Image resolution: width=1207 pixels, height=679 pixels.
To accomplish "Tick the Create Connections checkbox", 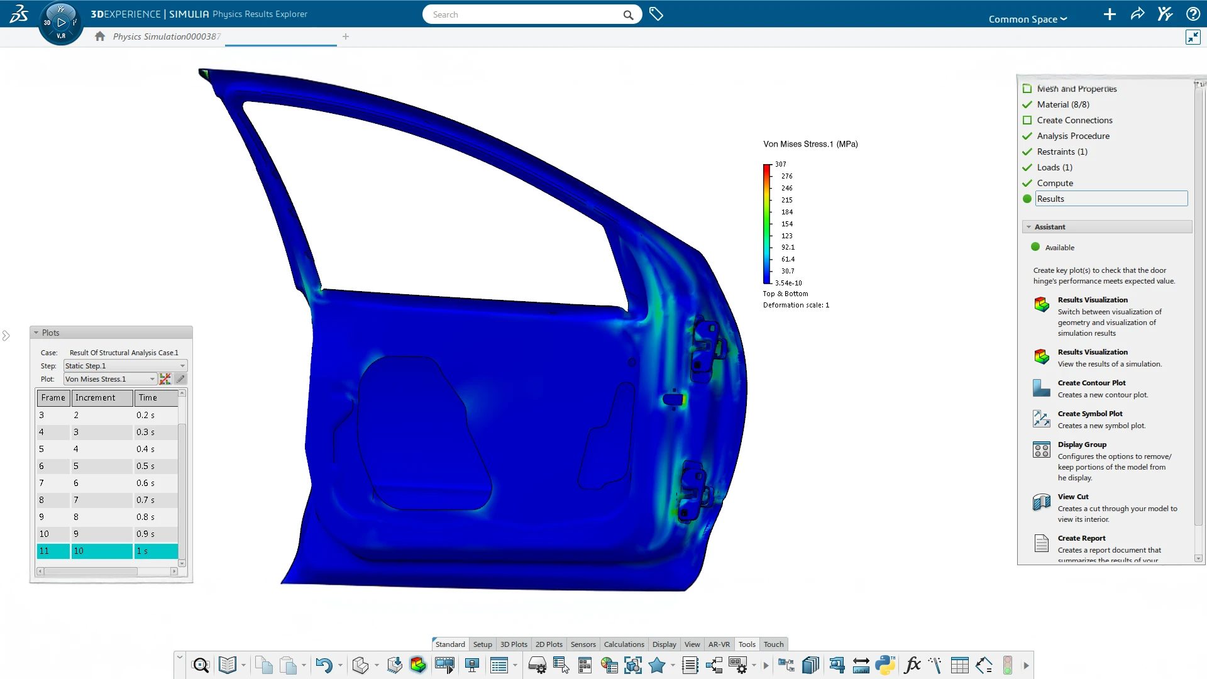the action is click(1027, 120).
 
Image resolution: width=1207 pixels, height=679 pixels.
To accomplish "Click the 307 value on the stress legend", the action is click(780, 164).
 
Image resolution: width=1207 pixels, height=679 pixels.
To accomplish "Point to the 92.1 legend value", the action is click(788, 247).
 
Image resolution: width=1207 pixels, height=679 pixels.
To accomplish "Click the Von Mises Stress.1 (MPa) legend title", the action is click(810, 144).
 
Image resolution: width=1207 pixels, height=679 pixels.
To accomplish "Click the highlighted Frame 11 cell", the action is click(53, 551).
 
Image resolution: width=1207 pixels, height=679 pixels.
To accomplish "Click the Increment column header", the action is click(102, 397).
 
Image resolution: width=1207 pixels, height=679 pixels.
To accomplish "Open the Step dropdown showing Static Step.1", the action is click(125, 366).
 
